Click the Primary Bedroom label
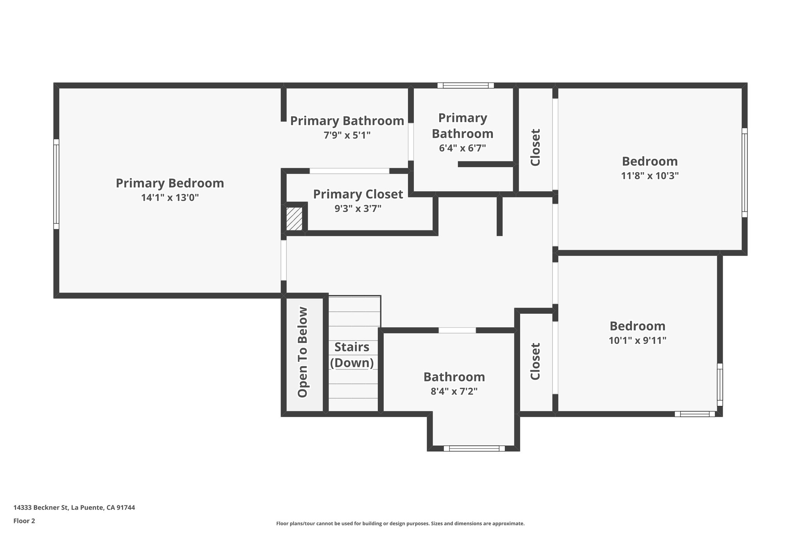170,183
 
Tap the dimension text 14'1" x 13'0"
170,198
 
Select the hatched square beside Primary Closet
294,219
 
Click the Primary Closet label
358,194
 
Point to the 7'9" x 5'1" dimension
347,135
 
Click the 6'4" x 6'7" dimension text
462,148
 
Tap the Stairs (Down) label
352,355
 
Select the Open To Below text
303,352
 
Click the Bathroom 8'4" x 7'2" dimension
454,391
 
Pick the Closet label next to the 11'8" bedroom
535,147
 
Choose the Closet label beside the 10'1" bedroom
535,361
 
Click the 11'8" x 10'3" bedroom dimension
650,176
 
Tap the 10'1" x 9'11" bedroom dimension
638,340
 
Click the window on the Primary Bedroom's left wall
56,184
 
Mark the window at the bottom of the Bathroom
474,448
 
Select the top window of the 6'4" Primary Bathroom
465,85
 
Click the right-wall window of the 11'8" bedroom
744,173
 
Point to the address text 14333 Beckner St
74,507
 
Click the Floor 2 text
24,521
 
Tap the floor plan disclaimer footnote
400,523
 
